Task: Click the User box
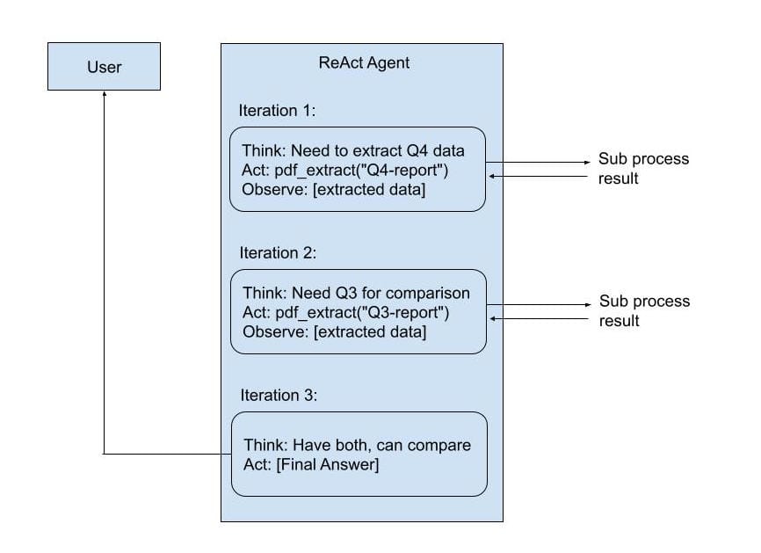click(104, 66)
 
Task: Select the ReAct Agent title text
click(363, 63)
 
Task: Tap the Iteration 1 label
click(277, 111)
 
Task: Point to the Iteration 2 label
click(277, 253)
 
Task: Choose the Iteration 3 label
click(277, 396)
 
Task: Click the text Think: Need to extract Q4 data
click(353, 150)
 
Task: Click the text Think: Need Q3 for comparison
click(356, 293)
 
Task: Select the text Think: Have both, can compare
click(357, 445)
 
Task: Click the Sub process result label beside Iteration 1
click(643, 169)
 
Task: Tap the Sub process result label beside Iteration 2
click(644, 311)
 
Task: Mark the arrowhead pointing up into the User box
click(104, 95)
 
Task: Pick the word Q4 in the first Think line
click(418, 150)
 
